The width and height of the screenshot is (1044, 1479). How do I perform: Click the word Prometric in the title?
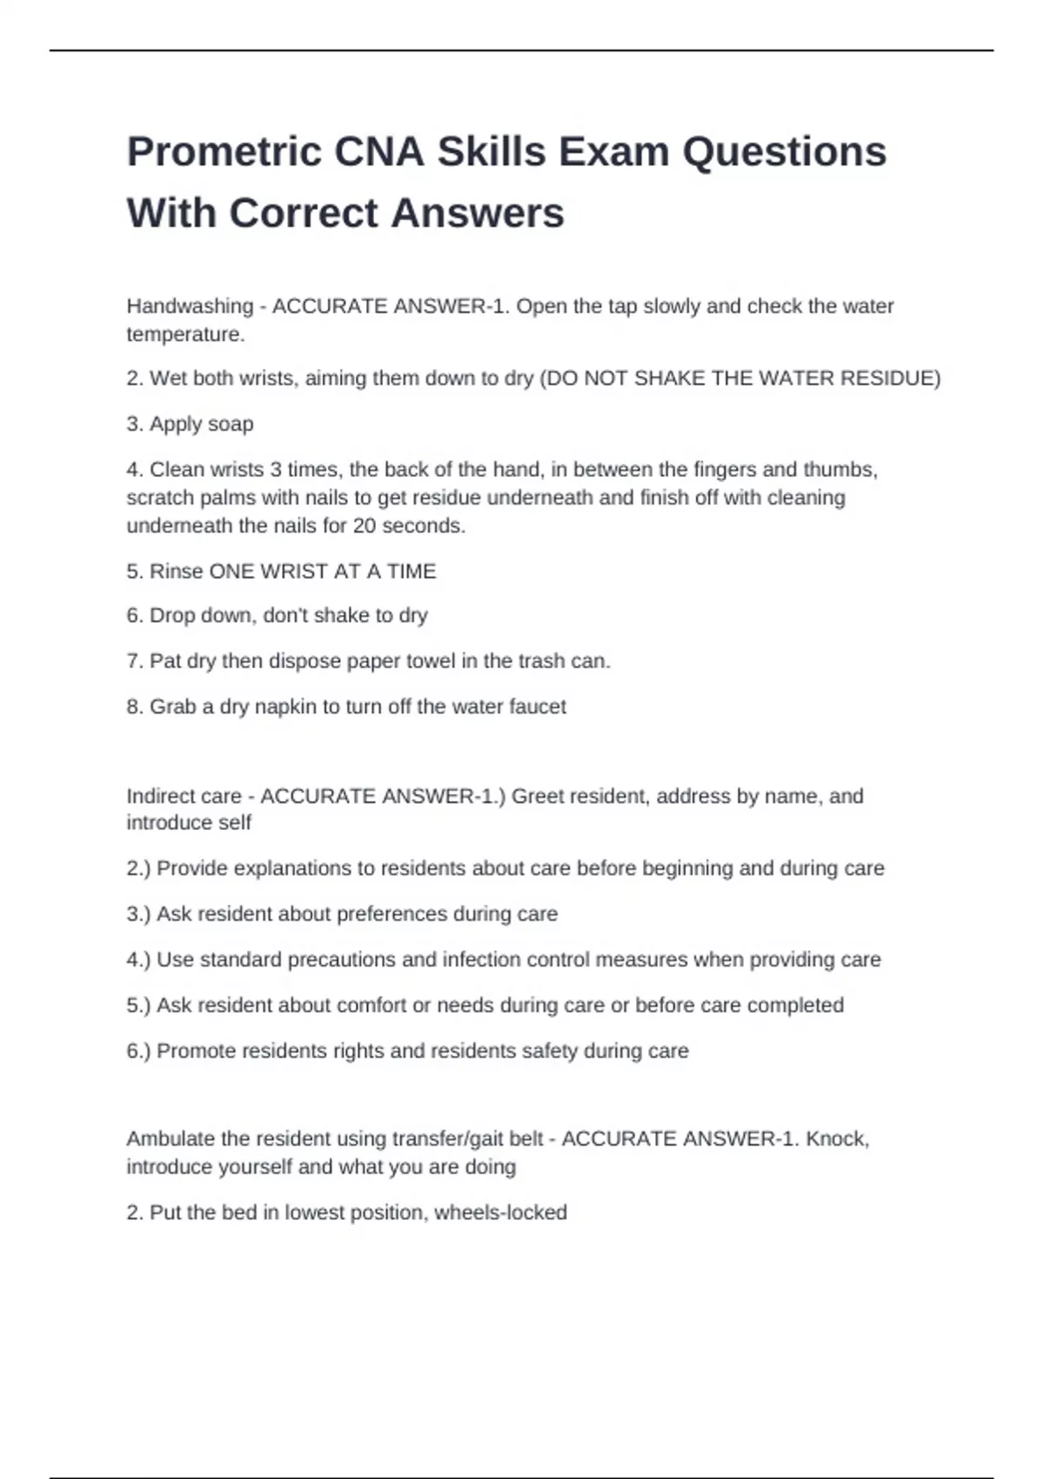(x=224, y=153)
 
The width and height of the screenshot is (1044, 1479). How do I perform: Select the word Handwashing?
(x=190, y=306)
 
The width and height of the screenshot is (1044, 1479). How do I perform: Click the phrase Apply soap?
(x=201, y=424)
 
